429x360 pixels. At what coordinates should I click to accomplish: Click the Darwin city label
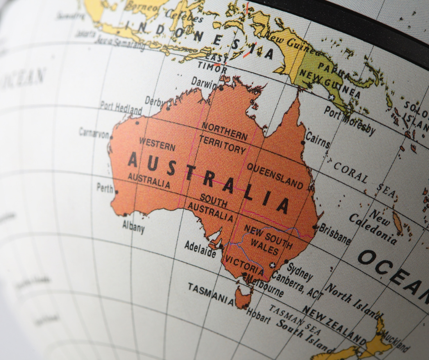coord(204,82)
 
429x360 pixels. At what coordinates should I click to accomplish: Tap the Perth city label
coord(105,187)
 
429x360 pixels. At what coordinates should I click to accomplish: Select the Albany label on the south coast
coord(133,226)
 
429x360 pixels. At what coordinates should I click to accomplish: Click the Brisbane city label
coord(335,233)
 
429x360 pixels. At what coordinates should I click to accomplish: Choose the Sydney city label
coord(300,271)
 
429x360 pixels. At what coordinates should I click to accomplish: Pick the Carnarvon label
coord(94,133)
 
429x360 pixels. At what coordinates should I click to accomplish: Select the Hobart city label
coord(258,315)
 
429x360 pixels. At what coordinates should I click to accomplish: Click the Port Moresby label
coord(350,121)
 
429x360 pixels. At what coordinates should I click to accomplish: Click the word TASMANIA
coord(211,293)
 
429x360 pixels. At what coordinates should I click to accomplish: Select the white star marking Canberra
coord(273,265)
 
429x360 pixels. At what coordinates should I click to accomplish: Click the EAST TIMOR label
coord(213,64)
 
